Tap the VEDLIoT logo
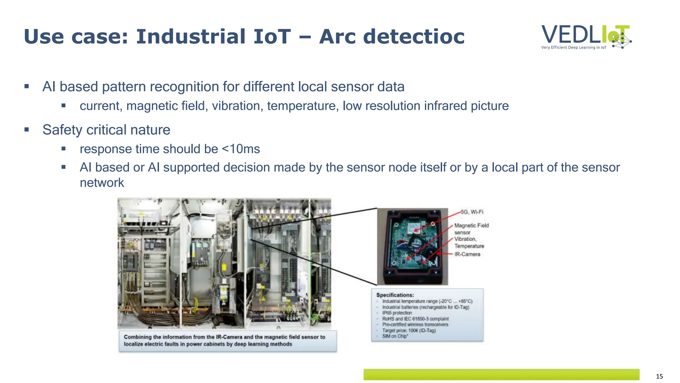click(x=586, y=35)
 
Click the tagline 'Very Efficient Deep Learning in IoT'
click(x=573, y=48)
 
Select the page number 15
click(x=659, y=376)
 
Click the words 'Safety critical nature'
click(x=106, y=130)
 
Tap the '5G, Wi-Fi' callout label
click(x=472, y=212)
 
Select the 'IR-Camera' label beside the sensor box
click(x=467, y=254)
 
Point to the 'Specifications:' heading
click(x=395, y=295)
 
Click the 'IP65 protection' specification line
click(x=397, y=313)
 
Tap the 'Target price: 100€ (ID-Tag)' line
click(x=409, y=330)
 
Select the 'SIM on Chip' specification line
click(x=395, y=336)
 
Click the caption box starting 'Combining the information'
click(x=227, y=341)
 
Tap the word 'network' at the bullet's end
click(x=102, y=183)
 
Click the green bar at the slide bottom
click(x=501, y=374)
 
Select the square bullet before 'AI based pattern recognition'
click(x=27, y=87)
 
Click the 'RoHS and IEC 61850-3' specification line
click(x=415, y=319)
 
